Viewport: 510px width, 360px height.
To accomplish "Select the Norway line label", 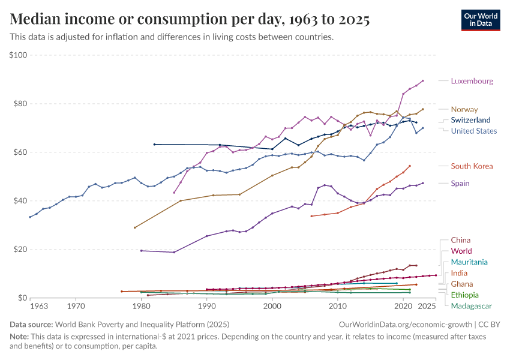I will pos(464,109).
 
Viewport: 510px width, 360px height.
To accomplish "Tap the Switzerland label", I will pos(471,120).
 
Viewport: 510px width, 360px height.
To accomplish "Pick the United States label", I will pos(474,131).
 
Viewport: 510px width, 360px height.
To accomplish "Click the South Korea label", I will pos(472,166).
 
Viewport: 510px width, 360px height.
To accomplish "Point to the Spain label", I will pos(461,183).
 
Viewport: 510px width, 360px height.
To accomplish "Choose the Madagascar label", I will pos(471,305).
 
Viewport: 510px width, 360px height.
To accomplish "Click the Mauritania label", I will pos(469,262).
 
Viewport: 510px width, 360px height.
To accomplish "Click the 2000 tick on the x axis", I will pos(272,307).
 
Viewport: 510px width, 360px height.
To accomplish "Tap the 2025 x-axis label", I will pos(427,307).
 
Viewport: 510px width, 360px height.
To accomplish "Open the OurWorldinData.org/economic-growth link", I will pos(403,324).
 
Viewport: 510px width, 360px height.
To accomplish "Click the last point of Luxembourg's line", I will pos(423,80).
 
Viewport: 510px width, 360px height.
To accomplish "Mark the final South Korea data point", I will pos(410,166).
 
